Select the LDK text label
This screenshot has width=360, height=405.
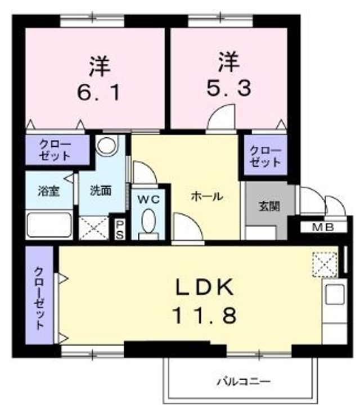pyautogui.click(x=204, y=289)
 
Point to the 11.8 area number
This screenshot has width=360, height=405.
pyautogui.click(x=204, y=315)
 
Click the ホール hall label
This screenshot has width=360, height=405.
pyautogui.click(x=206, y=197)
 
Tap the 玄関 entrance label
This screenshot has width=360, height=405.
pyautogui.click(x=267, y=206)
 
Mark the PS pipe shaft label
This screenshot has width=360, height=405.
pyautogui.click(x=120, y=229)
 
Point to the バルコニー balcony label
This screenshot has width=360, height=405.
pyautogui.click(x=244, y=382)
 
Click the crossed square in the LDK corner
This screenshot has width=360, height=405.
pyautogui.click(x=325, y=264)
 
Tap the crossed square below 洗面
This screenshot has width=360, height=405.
pyautogui.click(x=93, y=228)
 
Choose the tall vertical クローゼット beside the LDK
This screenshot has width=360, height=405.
pyautogui.click(x=40, y=298)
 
